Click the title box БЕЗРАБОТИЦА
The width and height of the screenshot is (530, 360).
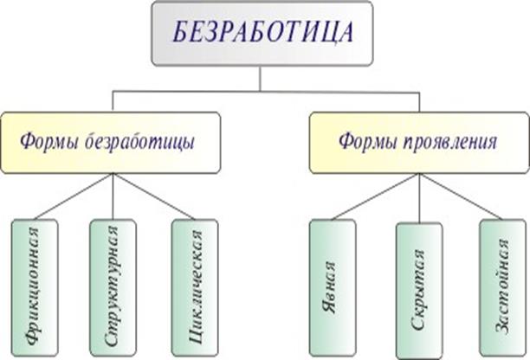pyautogui.click(x=259, y=34)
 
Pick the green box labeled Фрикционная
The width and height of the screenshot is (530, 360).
pyautogui.click(x=35, y=286)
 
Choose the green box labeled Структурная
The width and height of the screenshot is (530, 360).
pyautogui.click(x=113, y=286)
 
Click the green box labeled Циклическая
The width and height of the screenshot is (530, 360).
pyautogui.click(x=194, y=286)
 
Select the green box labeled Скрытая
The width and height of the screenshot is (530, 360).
pyautogui.click(x=418, y=291)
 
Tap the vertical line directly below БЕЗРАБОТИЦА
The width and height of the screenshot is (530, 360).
pyautogui.click(x=260, y=79)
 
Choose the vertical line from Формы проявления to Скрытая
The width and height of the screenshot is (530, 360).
pyautogui.click(x=419, y=197)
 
